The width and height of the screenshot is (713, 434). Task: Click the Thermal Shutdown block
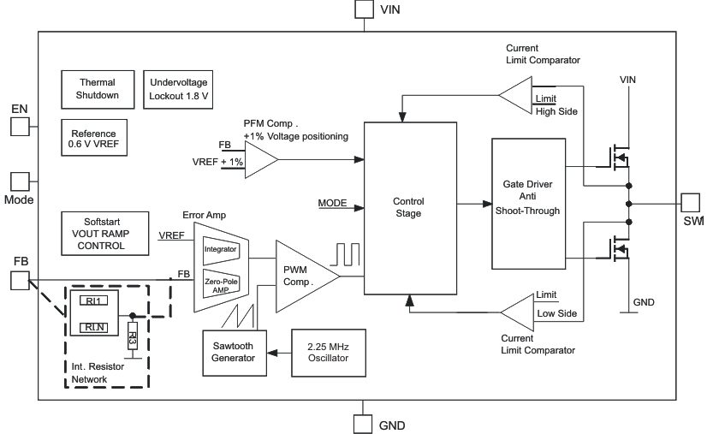(x=98, y=88)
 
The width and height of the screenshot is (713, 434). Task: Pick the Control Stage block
(x=407, y=208)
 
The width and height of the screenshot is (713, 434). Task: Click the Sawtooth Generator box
(x=234, y=352)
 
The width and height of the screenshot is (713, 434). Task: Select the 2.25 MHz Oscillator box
(x=328, y=352)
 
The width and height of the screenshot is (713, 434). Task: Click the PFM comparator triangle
(x=259, y=158)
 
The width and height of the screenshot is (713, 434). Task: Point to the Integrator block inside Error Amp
(x=221, y=248)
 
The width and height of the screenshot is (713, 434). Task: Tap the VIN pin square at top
(x=365, y=9)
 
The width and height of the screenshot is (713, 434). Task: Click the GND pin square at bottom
(x=365, y=425)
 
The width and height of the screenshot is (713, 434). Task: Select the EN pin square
(x=20, y=127)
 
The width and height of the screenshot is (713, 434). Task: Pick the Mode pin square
(x=20, y=181)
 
